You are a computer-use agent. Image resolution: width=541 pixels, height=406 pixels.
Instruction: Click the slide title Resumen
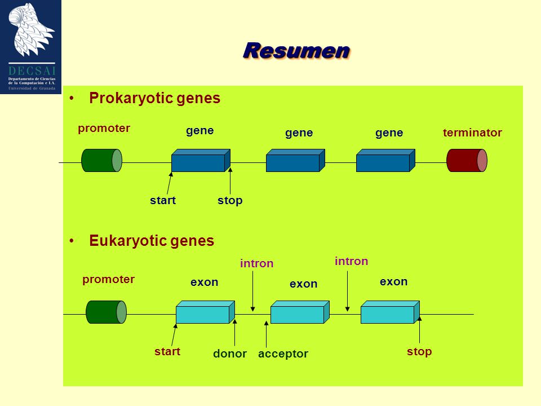[x=297, y=51]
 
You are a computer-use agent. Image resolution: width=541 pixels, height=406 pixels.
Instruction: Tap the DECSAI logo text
[x=32, y=71]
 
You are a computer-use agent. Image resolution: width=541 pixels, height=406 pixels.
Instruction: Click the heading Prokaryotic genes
[x=154, y=98]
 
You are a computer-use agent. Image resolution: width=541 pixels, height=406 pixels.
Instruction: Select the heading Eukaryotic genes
[x=152, y=241]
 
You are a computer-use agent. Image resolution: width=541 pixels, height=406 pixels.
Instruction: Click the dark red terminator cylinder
[x=467, y=160]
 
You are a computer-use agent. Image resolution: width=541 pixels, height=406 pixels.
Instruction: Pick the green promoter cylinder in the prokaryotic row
[x=102, y=160]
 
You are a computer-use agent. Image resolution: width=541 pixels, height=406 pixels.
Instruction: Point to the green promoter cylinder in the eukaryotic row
[x=107, y=312]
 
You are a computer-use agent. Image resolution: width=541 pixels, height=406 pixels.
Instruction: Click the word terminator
[x=472, y=133]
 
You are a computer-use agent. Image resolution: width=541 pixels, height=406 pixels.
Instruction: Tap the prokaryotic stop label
[x=230, y=201]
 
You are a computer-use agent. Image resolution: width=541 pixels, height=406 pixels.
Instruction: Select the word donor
[x=230, y=354]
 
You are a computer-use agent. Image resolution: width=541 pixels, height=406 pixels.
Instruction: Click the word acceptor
[x=283, y=354]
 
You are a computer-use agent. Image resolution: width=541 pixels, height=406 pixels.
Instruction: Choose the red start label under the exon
[x=167, y=351]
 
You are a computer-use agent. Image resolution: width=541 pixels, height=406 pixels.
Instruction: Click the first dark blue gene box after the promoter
[x=201, y=161]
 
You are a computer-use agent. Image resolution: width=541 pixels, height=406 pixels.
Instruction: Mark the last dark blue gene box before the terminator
[x=385, y=161]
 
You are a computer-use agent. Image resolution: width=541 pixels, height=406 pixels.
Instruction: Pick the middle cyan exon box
[x=300, y=312]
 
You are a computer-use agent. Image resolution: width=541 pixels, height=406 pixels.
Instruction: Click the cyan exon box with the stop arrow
[x=390, y=312]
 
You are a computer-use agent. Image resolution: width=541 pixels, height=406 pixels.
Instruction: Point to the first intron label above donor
[x=257, y=264]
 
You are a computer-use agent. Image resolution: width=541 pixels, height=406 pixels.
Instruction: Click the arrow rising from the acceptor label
[x=267, y=334]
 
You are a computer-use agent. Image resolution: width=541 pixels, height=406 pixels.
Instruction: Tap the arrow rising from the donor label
[x=234, y=333]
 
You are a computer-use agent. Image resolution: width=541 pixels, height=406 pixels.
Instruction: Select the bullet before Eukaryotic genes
[x=72, y=241]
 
